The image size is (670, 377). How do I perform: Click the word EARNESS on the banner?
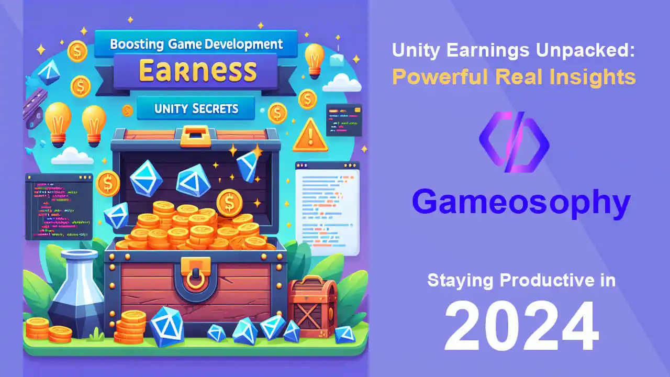pyautogui.click(x=197, y=71)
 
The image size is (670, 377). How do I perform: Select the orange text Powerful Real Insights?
pyautogui.click(x=514, y=77)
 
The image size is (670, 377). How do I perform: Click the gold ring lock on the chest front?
pyautogui.click(x=196, y=279)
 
